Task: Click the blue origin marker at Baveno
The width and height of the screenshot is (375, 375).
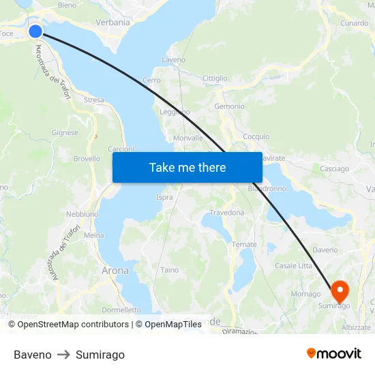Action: [x=35, y=31]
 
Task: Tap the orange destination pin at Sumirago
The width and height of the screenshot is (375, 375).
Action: [x=340, y=290]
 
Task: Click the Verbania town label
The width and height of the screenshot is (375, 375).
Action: [x=113, y=22]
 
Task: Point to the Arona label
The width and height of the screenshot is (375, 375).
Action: [x=115, y=271]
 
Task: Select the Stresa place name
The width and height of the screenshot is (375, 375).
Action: [x=94, y=100]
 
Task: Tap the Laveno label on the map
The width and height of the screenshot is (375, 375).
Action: [x=173, y=60]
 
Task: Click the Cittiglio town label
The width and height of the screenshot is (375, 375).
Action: [x=215, y=78]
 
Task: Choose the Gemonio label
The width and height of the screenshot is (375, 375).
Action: [x=229, y=106]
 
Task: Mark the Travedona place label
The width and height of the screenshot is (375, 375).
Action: [x=226, y=213]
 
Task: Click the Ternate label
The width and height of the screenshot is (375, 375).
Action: [x=244, y=245]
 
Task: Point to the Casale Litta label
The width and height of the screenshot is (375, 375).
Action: [x=293, y=265]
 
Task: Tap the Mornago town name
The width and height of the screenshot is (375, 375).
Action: [x=305, y=294]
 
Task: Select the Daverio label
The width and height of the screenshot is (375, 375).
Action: [x=325, y=250]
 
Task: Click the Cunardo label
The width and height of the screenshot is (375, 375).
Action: [x=354, y=23]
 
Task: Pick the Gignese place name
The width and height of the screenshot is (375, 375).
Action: [x=65, y=133]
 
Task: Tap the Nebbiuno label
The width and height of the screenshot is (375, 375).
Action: [x=82, y=214]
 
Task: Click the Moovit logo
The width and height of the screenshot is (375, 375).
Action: [x=333, y=354]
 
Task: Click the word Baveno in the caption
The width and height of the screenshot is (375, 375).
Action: [x=32, y=355]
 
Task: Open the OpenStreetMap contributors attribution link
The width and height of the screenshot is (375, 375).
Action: [x=71, y=325]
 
